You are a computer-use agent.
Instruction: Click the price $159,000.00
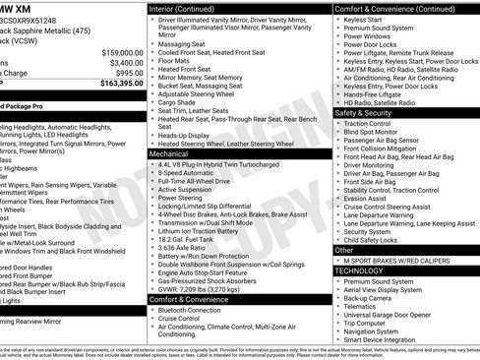[118, 52]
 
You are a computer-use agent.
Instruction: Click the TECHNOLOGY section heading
[359, 270]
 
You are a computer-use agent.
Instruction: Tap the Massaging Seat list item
[182, 43]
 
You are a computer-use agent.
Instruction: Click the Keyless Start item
[365, 19]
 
